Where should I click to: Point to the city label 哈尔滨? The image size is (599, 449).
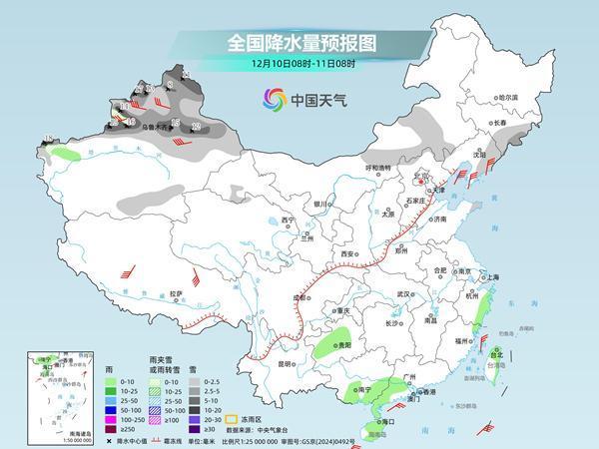pos(509,97)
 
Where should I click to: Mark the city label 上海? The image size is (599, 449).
pos(490,276)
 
